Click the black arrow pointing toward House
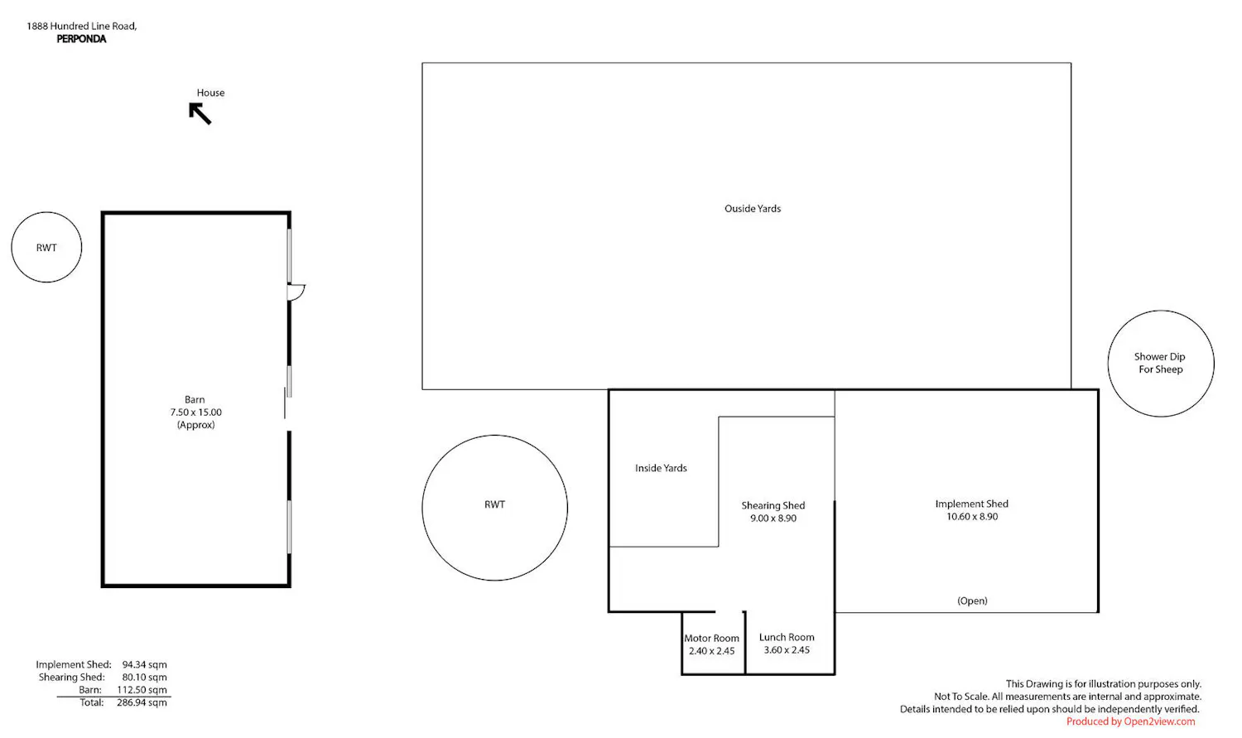(x=200, y=113)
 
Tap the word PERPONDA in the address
(x=81, y=39)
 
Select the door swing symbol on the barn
(x=296, y=292)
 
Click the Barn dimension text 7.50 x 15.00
(x=195, y=412)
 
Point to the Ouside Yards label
(x=753, y=209)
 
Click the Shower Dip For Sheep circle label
(x=1160, y=363)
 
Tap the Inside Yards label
(x=661, y=468)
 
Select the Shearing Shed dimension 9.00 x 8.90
(x=773, y=518)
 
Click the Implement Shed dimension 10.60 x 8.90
(x=972, y=516)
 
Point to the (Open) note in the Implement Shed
(x=972, y=601)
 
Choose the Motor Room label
(x=711, y=639)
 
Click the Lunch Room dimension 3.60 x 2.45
(x=787, y=650)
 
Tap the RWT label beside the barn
(x=46, y=248)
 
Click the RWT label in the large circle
(x=494, y=504)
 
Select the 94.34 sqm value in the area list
(x=144, y=664)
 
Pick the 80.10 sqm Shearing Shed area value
(x=144, y=677)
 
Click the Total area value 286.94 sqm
(x=142, y=702)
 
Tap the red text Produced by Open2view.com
(x=1130, y=721)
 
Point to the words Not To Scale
(x=960, y=697)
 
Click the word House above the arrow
(x=210, y=93)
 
